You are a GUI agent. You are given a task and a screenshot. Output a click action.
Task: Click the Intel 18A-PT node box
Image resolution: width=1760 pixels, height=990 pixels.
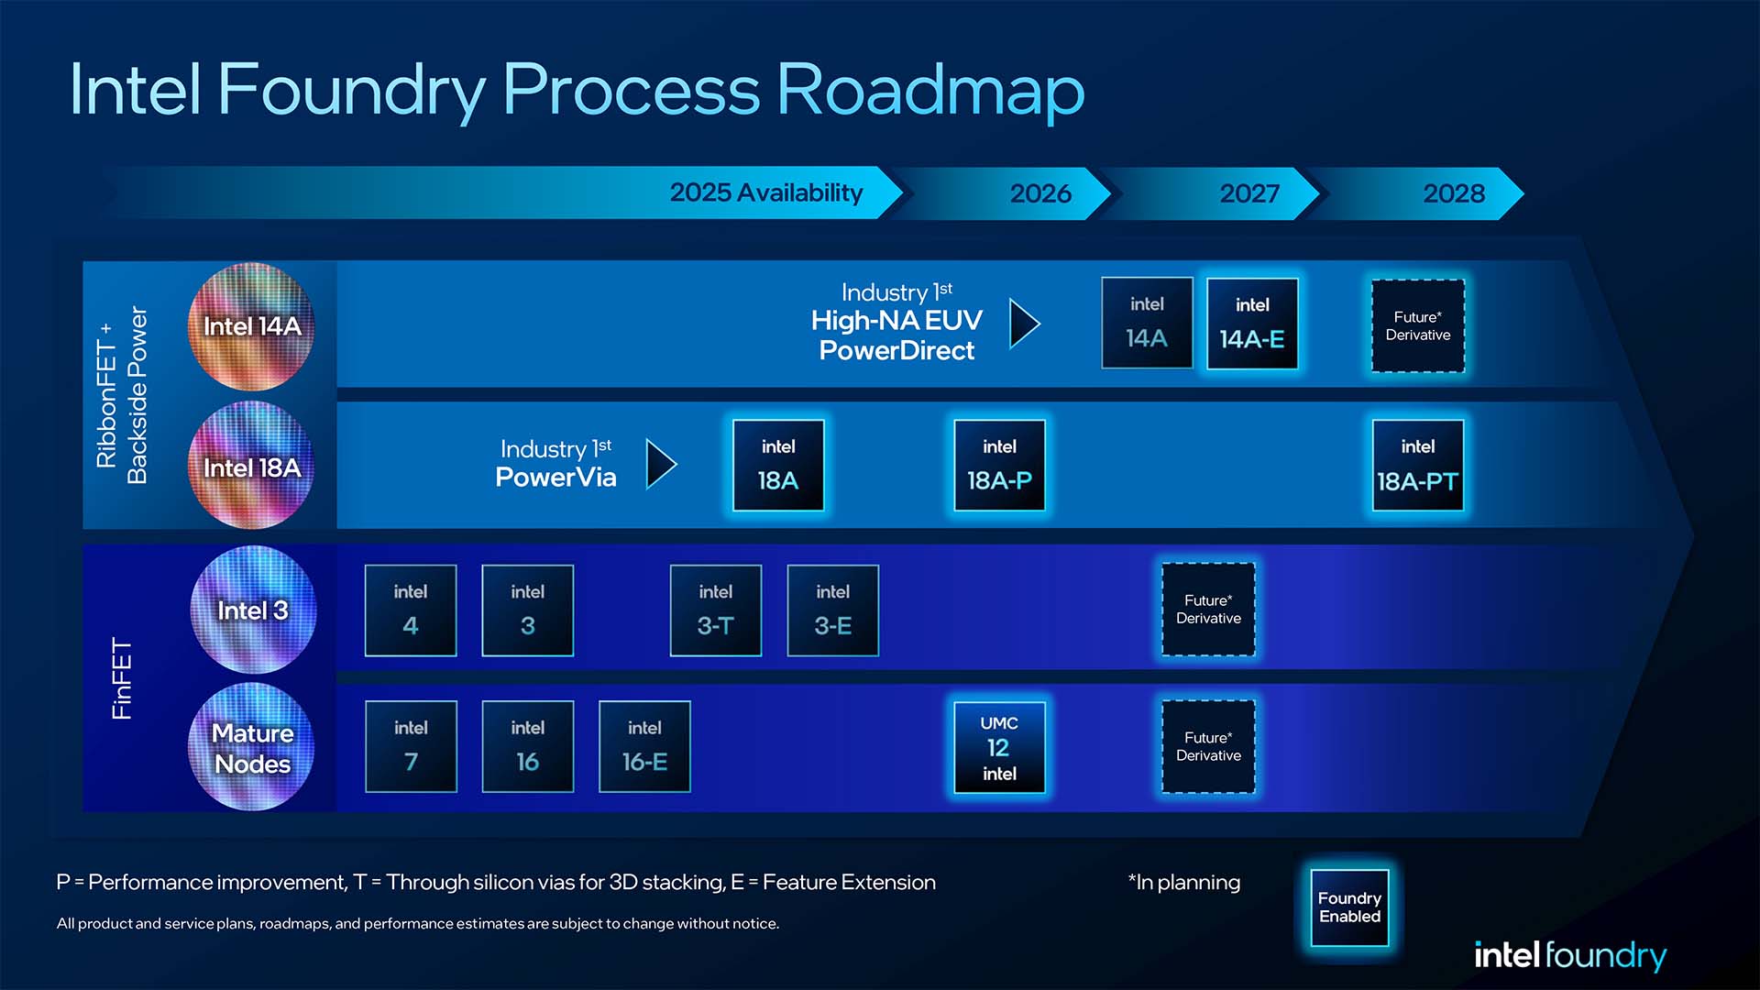(1417, 466)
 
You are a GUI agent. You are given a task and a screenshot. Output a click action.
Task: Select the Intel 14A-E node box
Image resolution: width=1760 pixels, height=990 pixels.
(1252, 324)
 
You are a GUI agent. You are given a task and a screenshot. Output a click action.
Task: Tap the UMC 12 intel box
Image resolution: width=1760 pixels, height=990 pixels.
(999, 747)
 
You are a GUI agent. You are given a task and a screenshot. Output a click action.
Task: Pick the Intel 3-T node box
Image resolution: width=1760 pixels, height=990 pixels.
(715, 610)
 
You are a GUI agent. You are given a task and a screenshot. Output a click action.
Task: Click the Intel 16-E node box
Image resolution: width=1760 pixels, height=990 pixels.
(644, 746)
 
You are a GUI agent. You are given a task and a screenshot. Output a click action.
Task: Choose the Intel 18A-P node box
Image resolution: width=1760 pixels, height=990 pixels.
(999, 466)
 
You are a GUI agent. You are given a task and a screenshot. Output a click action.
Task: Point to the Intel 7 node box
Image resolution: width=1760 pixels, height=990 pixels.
(411, 746)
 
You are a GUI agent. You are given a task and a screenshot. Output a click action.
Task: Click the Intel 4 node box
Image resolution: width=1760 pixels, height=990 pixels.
(411, 610)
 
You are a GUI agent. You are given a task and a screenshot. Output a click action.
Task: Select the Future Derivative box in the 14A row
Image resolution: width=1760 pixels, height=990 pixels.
(1417, 326)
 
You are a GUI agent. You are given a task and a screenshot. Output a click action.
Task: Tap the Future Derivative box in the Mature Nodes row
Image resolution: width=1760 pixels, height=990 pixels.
(1208, 746)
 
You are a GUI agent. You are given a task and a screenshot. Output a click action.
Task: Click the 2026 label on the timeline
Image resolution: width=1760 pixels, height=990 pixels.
(1040, 193)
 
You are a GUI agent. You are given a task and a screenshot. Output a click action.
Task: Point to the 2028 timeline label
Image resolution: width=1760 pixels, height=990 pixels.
(1454, 193)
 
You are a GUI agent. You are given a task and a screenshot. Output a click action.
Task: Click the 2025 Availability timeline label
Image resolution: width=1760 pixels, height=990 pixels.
(766, 192)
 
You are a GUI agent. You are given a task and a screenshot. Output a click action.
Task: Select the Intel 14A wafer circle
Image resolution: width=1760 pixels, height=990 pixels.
(251, 326)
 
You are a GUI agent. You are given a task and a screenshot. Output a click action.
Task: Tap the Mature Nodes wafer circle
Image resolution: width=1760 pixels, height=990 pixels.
(251, 747)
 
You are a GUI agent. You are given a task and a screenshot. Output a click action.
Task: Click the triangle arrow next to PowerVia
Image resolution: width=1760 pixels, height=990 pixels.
(660, 464)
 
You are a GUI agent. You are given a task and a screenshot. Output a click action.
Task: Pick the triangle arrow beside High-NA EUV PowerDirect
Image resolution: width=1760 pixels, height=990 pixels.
(1023, 323)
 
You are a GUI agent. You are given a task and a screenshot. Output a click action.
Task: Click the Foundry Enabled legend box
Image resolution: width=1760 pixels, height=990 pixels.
(1349, 907)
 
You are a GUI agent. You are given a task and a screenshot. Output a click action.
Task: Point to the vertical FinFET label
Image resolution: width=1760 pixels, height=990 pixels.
(122, 678)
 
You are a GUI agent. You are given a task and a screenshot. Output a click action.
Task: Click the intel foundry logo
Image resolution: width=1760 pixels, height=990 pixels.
(1569, 955)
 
